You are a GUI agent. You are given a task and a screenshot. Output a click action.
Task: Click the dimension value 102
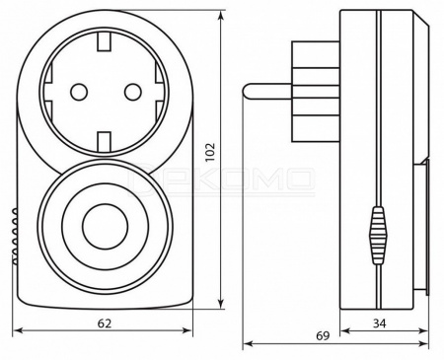click(x=210, y=152)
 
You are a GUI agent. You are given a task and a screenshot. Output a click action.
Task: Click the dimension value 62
click(x=105, y=324)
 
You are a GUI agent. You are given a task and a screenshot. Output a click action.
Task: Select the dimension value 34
click(x=380, y=324)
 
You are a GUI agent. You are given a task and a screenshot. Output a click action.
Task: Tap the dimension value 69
click(x=323, y=335)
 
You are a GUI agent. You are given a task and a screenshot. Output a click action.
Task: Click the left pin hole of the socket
click(x=79, y=92)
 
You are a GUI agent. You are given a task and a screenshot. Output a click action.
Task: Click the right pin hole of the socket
click(x=133, y=92)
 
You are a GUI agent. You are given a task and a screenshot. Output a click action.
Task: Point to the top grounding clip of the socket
click(x=104, y=42)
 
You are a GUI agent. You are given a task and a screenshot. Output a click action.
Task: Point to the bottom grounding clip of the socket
click(x=104, y=141)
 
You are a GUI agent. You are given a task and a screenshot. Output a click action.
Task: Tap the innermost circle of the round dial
click(x=105, y=228)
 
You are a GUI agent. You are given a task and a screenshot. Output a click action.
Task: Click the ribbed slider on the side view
click(x=379, y=236)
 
